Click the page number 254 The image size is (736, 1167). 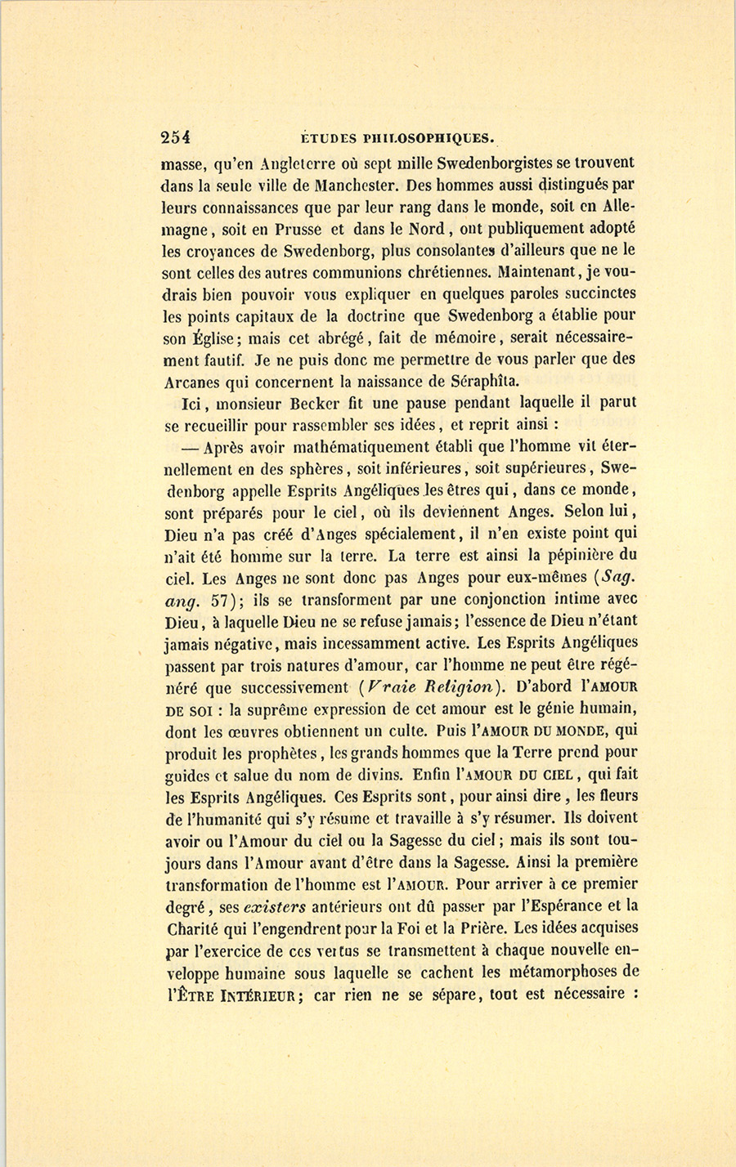(x=176, y=138)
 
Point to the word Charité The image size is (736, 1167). (x=195, y=928)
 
